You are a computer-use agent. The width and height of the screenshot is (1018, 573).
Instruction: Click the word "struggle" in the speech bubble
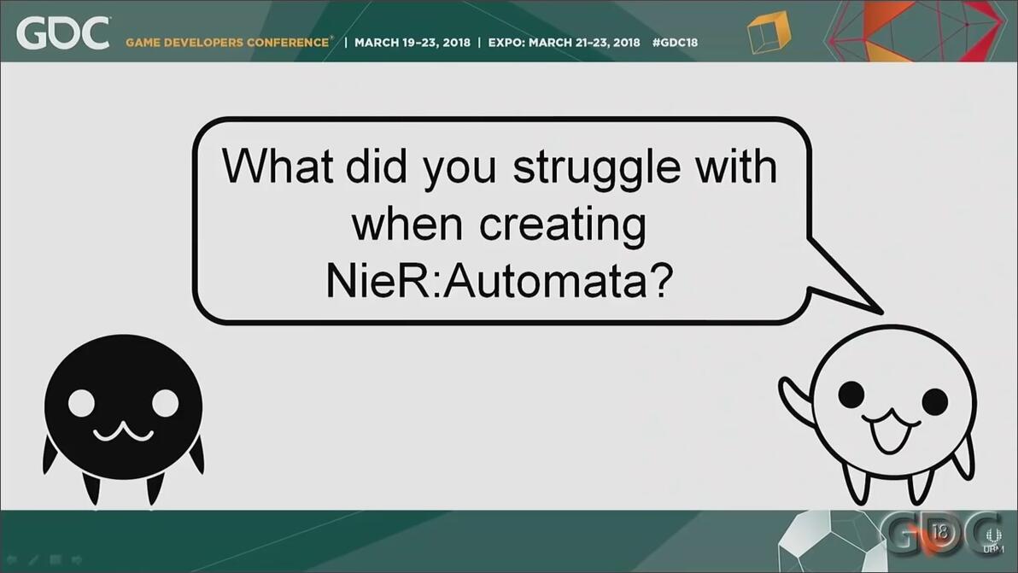point(596,168)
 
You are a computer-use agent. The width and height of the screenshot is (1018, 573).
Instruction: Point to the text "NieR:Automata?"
point(499,281)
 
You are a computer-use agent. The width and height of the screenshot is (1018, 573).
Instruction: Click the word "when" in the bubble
point(407,223)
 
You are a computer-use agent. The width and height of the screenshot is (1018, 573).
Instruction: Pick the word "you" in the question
point(459,172)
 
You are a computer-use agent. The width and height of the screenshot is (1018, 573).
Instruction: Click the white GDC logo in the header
point(63,33)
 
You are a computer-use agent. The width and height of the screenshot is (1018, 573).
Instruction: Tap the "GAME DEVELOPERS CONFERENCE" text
point(227,43)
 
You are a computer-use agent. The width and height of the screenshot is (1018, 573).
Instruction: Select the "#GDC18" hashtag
point(675,43)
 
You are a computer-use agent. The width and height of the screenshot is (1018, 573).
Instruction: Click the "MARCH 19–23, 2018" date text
point(412,43)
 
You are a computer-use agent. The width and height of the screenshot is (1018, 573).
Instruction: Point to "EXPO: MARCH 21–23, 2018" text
point(564,43)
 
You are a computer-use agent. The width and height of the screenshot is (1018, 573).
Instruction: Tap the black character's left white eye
point(82,403)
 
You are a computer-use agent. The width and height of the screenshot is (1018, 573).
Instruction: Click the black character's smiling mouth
point(123,431)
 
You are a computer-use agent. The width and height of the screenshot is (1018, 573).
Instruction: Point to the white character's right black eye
point(934,401)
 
